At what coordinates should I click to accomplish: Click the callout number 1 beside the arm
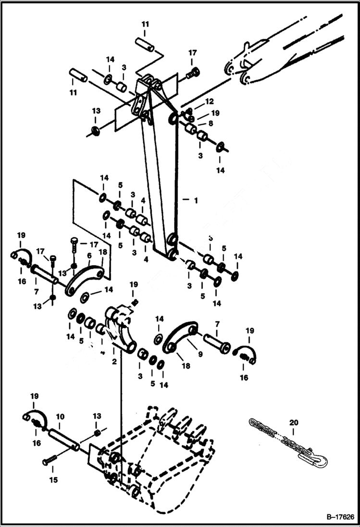click(196, 200)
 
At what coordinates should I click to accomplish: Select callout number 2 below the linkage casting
click(114, 362)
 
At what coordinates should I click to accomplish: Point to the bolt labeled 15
click(50, 461)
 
